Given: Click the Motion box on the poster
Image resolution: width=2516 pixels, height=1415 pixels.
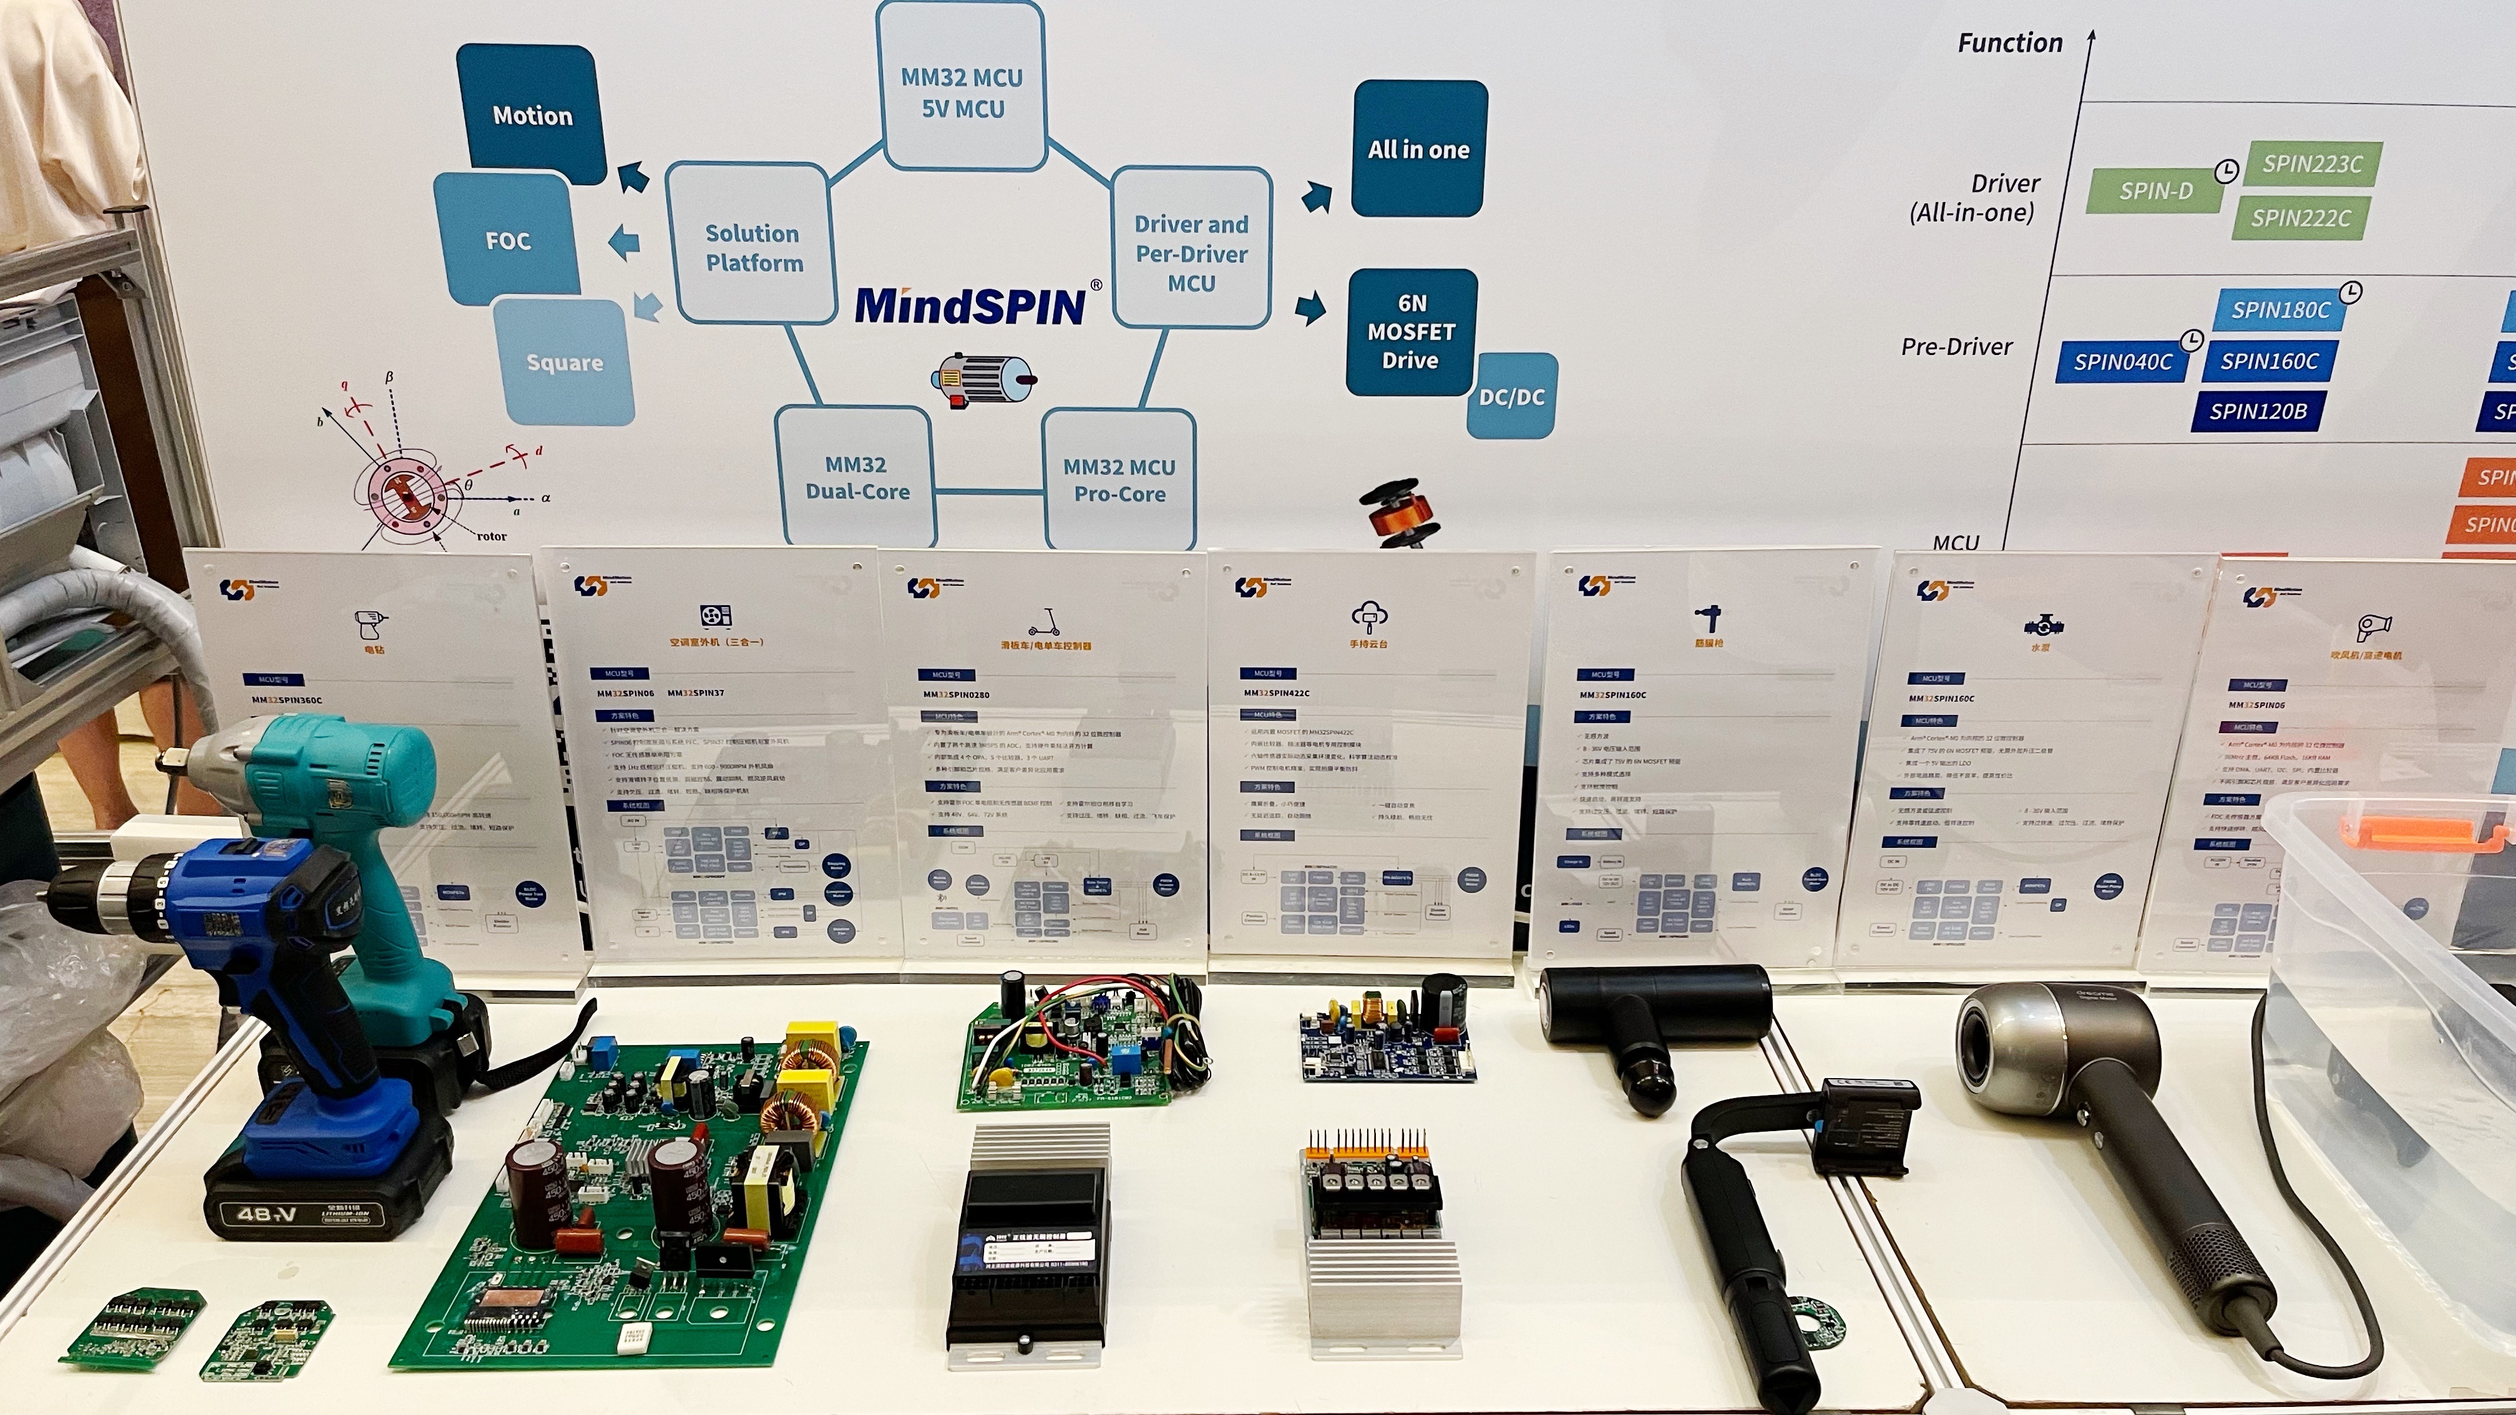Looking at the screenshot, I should (x=532, y=115).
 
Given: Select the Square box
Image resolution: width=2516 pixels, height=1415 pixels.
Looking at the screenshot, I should (x=565, y=362).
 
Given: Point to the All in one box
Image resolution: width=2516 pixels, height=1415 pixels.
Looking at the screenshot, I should (x=1418, y=149).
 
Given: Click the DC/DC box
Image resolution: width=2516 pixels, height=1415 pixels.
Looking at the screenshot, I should (x=1511, y=396).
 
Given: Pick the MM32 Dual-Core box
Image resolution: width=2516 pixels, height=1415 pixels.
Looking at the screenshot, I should (x=857, y=477).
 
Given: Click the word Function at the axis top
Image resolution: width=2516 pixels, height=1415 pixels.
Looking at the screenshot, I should (x=2010, y=43).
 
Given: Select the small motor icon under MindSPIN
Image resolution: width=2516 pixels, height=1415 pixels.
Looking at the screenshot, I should (x=983, y=379).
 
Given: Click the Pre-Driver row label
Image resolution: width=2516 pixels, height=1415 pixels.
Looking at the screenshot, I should (x=1956, y=347).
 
